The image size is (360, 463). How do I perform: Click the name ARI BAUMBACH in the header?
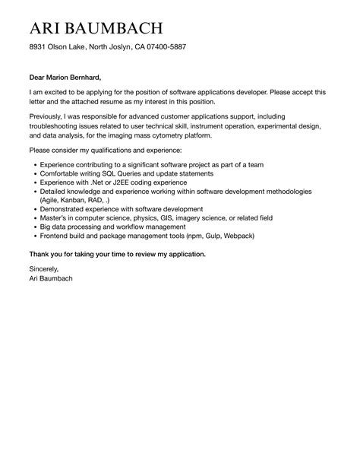[x=96, y=28]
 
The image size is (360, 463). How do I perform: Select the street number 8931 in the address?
[x=39, y=47]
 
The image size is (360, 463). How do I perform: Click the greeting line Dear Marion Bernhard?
[x=65, y=77]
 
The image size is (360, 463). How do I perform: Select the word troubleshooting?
[x=61, y=126]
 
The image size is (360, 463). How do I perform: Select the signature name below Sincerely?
[x=52, y=278]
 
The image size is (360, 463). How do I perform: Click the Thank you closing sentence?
[x=117, y=253]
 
